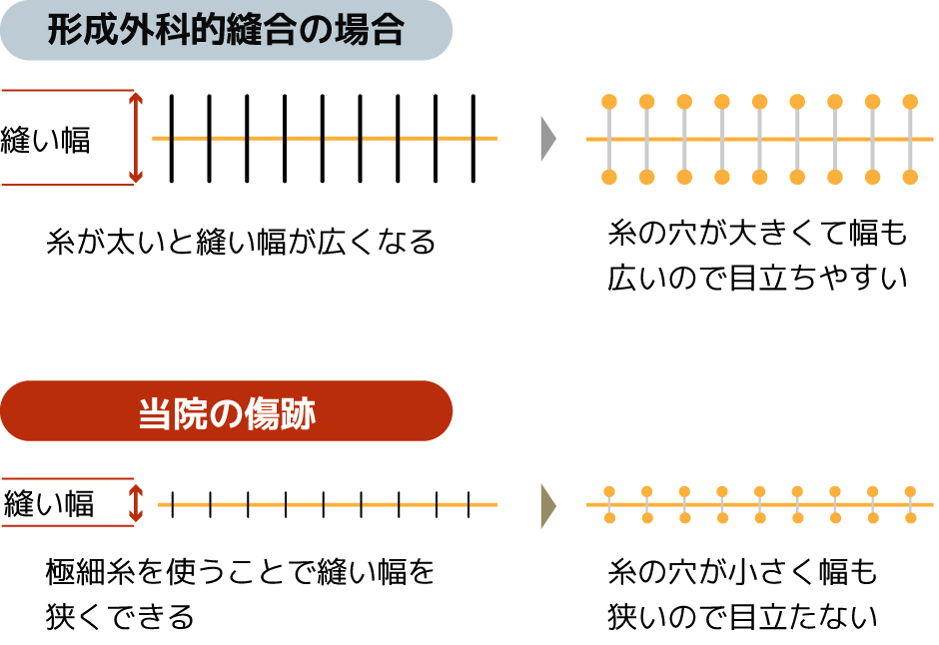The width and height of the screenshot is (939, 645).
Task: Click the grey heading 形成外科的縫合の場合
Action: pos(226,31)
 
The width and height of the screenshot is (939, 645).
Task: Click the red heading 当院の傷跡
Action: pos(226,411)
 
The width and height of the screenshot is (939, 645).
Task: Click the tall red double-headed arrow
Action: pos(136,138)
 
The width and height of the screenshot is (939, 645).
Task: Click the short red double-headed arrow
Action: pos(136,503)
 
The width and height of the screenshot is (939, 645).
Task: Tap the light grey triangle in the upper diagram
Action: pos(547,138)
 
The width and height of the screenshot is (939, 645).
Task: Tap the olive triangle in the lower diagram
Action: pos(547,505)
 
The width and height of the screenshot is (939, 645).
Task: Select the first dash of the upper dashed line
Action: pos(161,138)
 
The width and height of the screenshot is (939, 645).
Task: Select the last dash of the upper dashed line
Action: pos(485,138)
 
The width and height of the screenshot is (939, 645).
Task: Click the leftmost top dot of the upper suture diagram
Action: pos(609,102)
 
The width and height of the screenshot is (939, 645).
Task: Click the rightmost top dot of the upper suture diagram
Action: pos(910,102)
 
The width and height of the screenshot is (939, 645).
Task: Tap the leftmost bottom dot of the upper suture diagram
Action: pos(609,177)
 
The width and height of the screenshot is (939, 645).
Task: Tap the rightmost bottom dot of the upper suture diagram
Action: pos(910,177)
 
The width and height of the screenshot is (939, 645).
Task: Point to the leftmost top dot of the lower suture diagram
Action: pos(609,491)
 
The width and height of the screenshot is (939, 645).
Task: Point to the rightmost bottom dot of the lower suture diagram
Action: pos(910,518)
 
